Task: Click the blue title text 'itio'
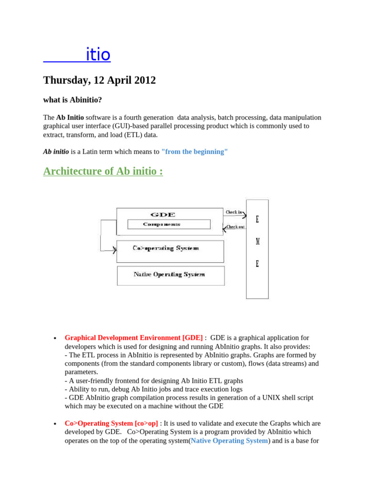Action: click(98, 55)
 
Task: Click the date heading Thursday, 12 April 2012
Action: click(99, 80)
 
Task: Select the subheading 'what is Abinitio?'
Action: click(73, 100)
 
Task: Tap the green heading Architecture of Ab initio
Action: click(103, 171)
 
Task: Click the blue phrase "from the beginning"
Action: click(194, 152)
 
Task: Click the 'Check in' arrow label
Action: click(234, 212)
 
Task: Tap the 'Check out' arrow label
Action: click(235, 227)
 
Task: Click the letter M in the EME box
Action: click(258, 242)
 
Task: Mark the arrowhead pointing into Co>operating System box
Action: click(114, 250)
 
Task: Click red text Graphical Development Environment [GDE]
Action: click(133, 338)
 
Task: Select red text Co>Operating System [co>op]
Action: click(111, 423)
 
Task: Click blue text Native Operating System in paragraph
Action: click(229, 441)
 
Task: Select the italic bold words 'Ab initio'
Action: click(56, 152)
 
